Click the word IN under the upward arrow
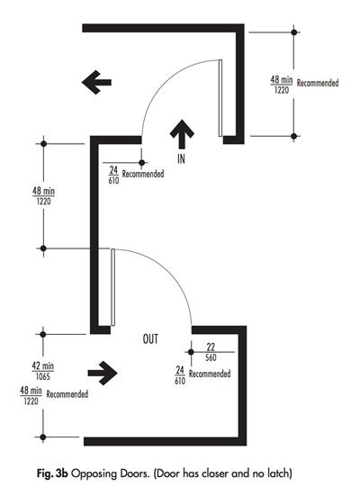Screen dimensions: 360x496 pyautogui.click(x=181, y=158)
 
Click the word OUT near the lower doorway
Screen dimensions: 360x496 pyautogui.click(x=150, y=339)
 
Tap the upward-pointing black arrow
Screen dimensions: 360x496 pyautogui.click(x=182, y=134)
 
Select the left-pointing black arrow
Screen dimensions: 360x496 pyautogui.click(x=96, y=82)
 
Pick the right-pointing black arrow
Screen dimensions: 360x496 pyautogui.click(x=103, y=373)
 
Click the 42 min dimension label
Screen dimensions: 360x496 pyautogui.click(x=42, y=366)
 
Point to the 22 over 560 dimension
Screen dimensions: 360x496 pyautogui.click(x=211, y=352)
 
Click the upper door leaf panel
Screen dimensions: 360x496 pyautogui.click(x=220, y=98)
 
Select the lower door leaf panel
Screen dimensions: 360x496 pyautogui.click(x=112, y=287)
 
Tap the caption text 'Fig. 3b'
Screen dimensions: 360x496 pyautogui.click(x=52, y=473)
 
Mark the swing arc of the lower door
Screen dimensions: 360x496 pyautogui.click(x=169, y=271)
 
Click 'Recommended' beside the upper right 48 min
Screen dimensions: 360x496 pyautogui.click(x=318, y=83)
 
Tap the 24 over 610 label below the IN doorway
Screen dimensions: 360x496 pyautogui.click(x=113, y=176)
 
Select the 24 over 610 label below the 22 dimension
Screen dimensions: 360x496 pyautogui.click(x=180, y=375)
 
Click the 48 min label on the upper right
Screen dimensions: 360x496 pyautogui.click(x=281, y=80)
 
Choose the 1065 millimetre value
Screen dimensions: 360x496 pyautogui.click(x=42, y=377)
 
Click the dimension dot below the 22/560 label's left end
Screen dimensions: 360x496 pyautogui.click(x=191, y=352)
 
